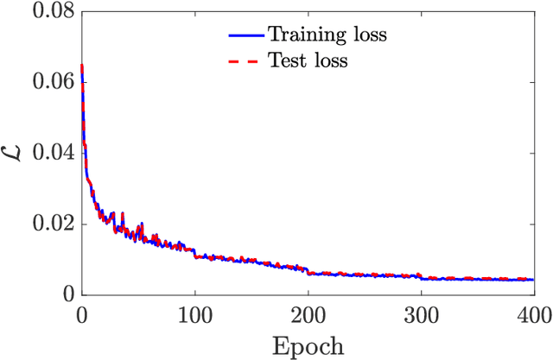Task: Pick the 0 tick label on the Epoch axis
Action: pyautogui.click(x=81, y=313)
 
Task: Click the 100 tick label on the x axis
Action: pyautogui.click(x=194, y=313)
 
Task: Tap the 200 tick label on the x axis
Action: pyautogui.click(x=308, y=313)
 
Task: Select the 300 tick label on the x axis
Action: pyautogui.click(x=421, y=313)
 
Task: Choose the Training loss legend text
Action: pyautogui.click(x=327, y=35)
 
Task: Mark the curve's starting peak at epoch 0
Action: pyautogui.click(x=81, y=66)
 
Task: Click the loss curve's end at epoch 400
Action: pyautogui.click(x=533, y=279)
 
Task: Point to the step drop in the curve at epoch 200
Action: pyautogui.click(x=308, y=271)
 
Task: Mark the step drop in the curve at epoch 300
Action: pyautogui.click(x=421, y=277)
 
